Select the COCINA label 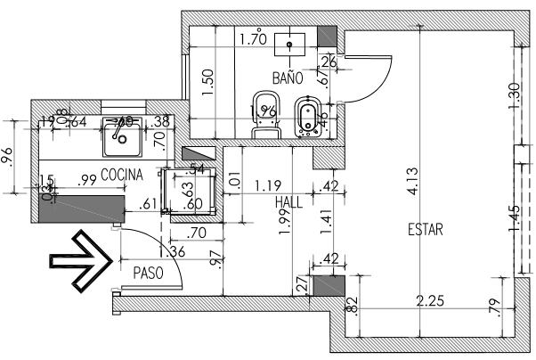122,174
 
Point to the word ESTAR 425,229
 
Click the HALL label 289,202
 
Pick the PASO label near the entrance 147,273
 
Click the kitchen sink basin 118,136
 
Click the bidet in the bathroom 305,114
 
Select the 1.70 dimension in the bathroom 254,39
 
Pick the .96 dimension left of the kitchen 8,156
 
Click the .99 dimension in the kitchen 88,180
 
